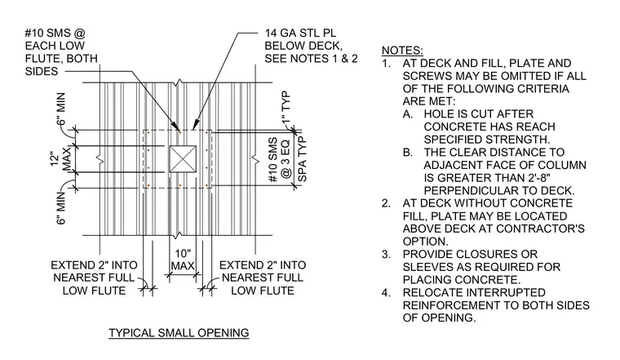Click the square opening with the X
pos(183,159)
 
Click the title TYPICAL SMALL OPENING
pos(179,333)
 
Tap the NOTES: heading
pos(402,51)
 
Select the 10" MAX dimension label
pos(183,260)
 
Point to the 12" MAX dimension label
pos(61,159)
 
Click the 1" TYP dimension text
pos(287,106)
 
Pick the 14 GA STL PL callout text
pos(311,46)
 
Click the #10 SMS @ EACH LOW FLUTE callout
pos(61,52)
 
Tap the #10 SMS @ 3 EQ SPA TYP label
pos(287,159)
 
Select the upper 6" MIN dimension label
pos(61,109)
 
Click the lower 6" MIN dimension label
pos(61,207)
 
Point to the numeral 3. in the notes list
pos(387,254)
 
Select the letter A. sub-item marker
pos(408,114)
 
